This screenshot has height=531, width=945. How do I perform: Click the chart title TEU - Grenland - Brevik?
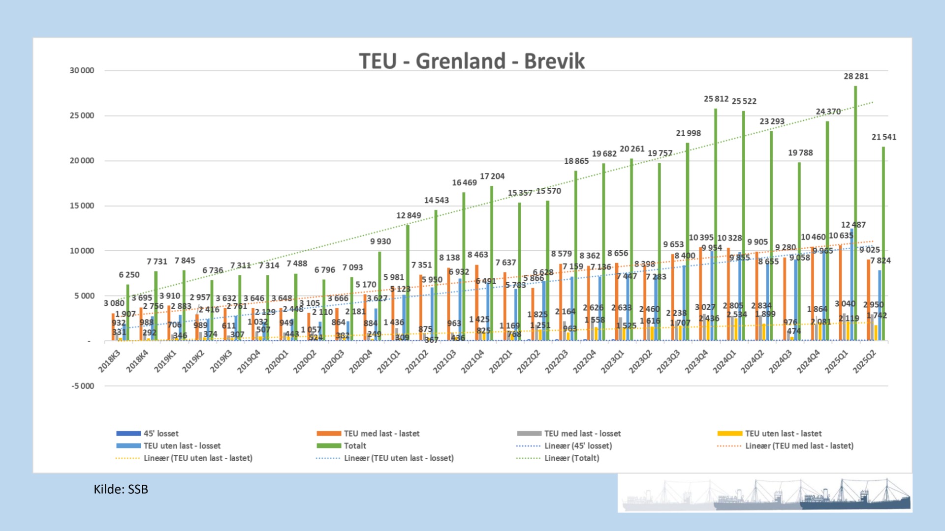tap(472, 61)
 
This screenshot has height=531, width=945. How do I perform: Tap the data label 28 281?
tap(856, 76)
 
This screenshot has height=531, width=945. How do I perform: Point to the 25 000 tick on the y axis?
tap(82, 116)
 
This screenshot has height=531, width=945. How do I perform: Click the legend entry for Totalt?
tap(354, 446)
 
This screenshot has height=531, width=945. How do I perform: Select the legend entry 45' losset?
tap(160, 434)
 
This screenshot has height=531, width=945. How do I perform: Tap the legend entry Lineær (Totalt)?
tap(571, 458)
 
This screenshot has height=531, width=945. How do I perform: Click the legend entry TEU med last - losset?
tap(582, 434)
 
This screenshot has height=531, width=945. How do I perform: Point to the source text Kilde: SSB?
tap(121, 489)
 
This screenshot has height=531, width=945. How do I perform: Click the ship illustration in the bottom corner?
tap(765, 494)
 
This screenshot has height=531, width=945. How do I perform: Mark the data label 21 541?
tap(883, 137)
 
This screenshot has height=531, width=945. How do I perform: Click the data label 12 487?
tap(853, 225)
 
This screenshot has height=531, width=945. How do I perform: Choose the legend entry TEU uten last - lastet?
tap(783, 434)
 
